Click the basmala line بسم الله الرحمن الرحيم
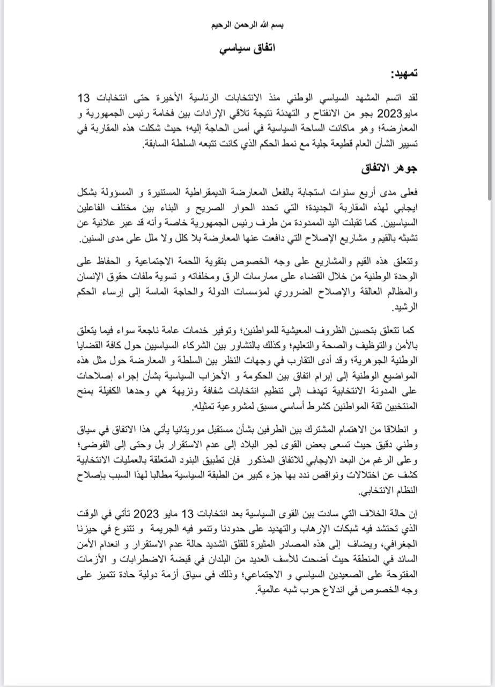(247, 25)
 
